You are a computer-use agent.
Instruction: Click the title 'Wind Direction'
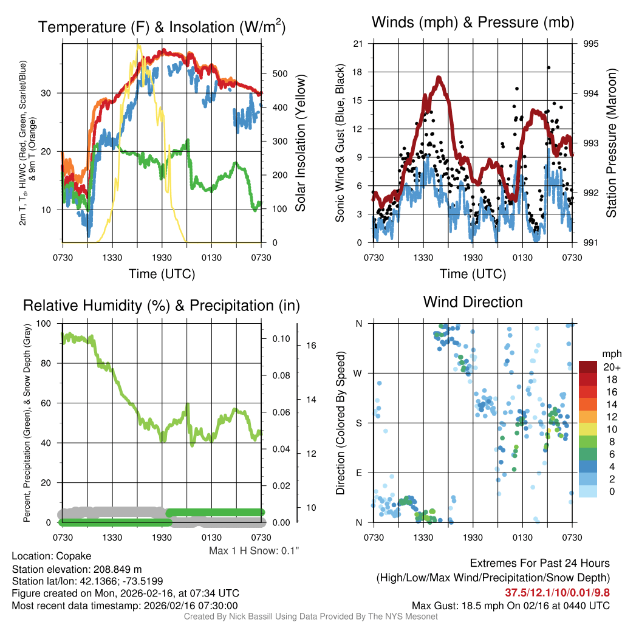[x=473, y=302]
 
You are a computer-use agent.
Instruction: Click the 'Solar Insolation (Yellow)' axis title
[x=300, y=143]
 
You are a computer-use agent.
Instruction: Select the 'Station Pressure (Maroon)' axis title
[x=611, y=143]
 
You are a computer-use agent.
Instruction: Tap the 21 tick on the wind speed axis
[x=358, y=44]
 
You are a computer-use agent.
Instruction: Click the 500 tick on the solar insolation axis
[x=280, y=73]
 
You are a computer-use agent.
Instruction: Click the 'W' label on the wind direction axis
[x=358, y=373]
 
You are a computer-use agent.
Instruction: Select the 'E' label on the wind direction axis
[x=358, y=473]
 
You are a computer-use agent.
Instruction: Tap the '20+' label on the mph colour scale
[x=611, y=367]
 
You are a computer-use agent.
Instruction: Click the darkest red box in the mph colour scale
[x=588, y=367]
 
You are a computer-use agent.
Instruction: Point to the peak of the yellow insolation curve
[x=138, y=46]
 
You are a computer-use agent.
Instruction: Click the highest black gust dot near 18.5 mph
[x=549, y=68]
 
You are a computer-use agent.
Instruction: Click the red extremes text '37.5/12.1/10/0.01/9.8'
[x=557, y=592]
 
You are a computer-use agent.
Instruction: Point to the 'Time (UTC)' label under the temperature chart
[x=162, y=274]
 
